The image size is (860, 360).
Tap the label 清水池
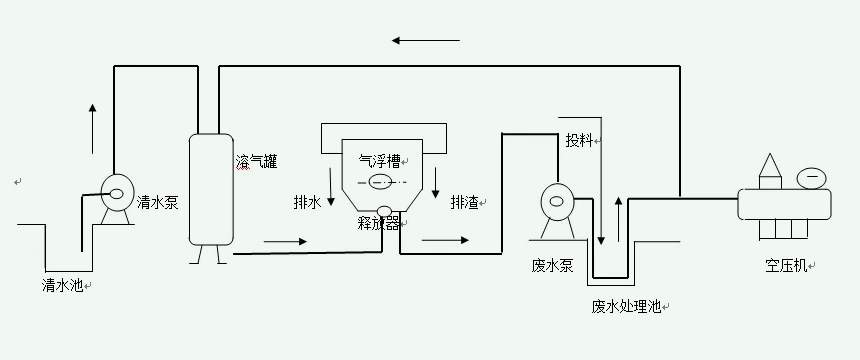tap(63, 285)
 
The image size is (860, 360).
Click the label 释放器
tap(377, 223)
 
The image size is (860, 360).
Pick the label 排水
tap(307, 202)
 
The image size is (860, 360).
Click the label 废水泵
tap(552, 266)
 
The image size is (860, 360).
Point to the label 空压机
tap(786, 266)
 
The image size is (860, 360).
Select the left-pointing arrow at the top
tap(426, 41)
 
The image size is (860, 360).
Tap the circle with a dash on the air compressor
tap(811, 176)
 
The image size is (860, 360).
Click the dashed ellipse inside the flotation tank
tap(380, 182)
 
